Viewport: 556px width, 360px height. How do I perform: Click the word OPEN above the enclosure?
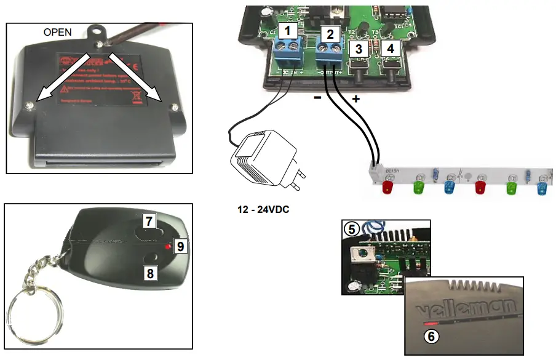[x=58, y=31]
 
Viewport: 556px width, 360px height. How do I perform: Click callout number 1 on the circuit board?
[x=287, y=30]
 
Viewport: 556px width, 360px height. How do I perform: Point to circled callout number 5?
[x=352, y=230]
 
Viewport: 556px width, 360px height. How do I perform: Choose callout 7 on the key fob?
[x=150, y=221]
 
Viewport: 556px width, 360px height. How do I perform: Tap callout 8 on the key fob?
[x=150, y=271]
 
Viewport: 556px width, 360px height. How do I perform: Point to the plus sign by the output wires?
[x=355, y=98]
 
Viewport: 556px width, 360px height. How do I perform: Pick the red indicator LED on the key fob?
[x=167, y=246]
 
